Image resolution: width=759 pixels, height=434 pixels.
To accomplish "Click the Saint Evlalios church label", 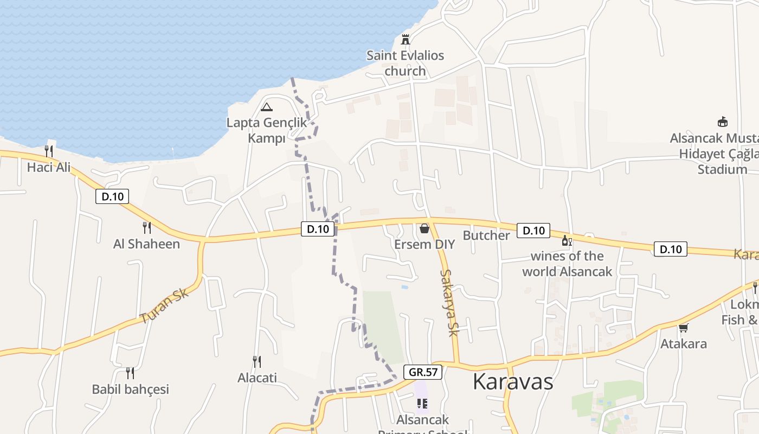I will click(405, 63).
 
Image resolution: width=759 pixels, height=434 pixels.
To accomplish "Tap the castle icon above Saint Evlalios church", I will click(405, 39).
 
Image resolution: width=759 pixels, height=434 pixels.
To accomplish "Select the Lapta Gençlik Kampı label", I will click(266, 130).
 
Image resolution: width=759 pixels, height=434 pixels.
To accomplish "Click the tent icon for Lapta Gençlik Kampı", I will click(266, 107).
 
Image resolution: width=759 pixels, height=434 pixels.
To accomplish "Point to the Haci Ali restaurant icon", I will click(49, 151).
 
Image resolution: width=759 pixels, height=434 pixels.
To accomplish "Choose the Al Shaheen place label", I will click(146, 244).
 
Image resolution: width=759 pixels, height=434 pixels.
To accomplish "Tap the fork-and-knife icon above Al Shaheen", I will click(146, 227).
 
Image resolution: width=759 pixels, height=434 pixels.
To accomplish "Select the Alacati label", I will click(257, 378).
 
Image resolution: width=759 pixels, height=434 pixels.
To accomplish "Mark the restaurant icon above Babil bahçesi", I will click(130, 373).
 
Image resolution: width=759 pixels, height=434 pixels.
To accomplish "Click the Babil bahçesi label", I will click(130, 389).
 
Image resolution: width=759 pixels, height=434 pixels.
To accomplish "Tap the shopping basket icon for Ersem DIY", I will click(424, 228).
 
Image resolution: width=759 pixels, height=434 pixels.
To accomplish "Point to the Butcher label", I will click(486, 235).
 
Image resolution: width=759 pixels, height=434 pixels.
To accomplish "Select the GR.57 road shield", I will click(423, 372).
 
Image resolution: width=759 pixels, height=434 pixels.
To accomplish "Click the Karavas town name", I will click(513, 381).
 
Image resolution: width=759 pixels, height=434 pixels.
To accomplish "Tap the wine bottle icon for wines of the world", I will click(567, 240).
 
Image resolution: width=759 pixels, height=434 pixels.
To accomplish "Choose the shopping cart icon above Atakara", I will click(683, 328).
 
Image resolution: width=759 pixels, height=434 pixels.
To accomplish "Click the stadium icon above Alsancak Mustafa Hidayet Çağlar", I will click(722, 122).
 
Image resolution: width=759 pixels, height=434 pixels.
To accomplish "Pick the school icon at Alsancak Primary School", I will click(422, 404).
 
